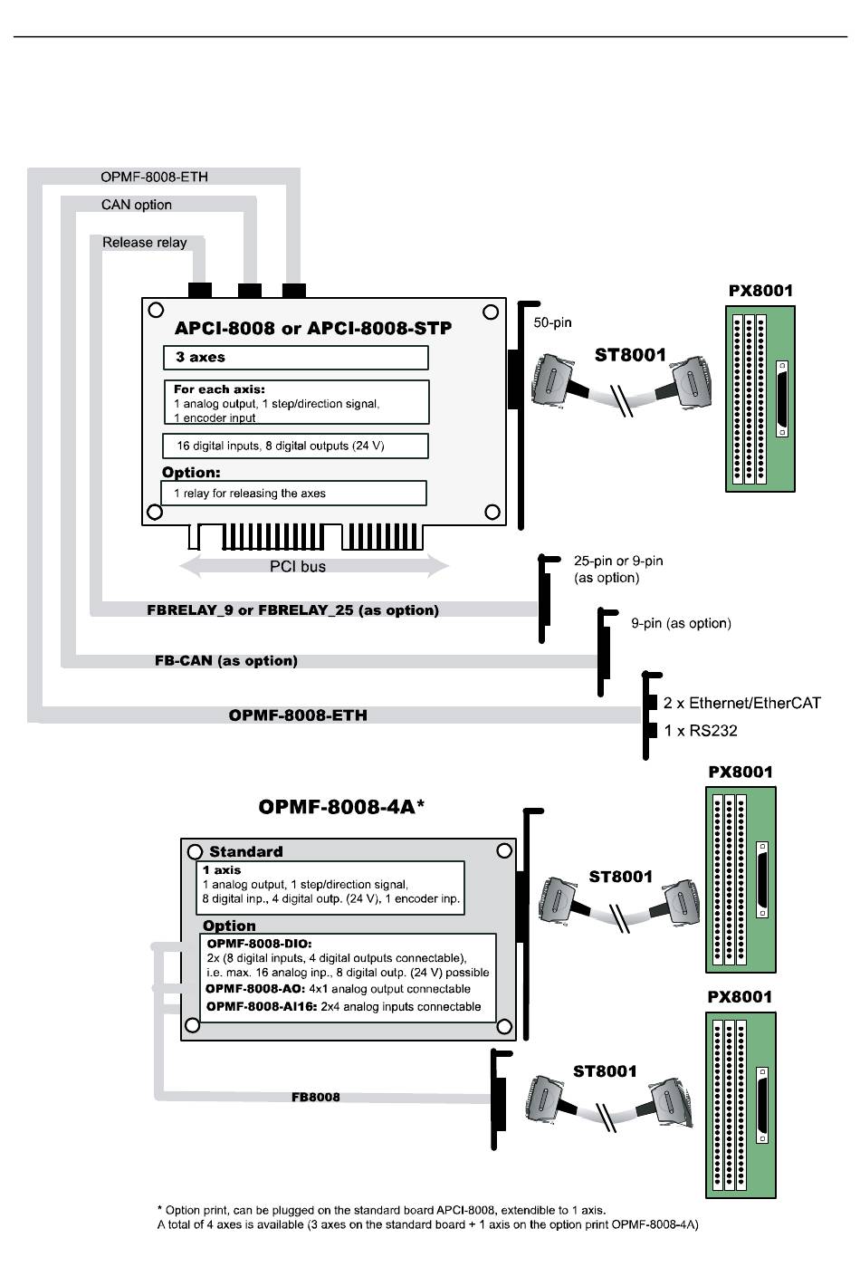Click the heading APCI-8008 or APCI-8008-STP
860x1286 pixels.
coord(312,328)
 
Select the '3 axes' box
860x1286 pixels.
coord(295,357)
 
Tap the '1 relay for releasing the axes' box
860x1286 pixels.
coord(294,493)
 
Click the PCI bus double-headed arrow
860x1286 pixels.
coord(313,567)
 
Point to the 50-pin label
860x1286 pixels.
coord(552,322)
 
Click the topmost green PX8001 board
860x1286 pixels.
coord(760,398)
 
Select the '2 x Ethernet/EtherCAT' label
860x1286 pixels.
coord(741,703)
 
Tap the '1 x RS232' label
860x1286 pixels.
coord(700,731)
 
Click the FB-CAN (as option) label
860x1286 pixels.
coord(226,661)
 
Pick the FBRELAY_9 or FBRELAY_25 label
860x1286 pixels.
coord(292,610)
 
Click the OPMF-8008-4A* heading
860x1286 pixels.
coord(341,807)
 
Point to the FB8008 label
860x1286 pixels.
coord(316,1098)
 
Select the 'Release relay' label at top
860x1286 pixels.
coord(144,243)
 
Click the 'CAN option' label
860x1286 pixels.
coord(137,205)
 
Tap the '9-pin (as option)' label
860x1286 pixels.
coord(681,623)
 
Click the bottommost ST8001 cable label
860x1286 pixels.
coord(605,1071)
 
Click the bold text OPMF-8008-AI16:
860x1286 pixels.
coord(262,1006)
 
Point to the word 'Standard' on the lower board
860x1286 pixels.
coord(245,851)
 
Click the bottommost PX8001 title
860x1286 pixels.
coord(740,997)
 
